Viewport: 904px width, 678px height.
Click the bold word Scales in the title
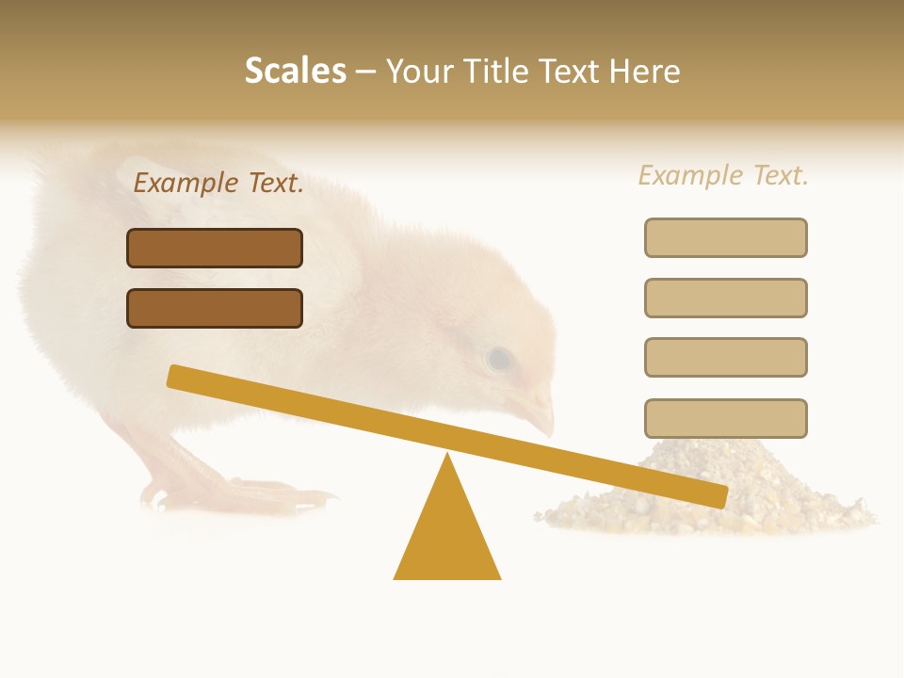coord(295,71)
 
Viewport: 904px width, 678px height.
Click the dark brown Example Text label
coord(218,183)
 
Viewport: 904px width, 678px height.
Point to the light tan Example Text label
coord(723,175)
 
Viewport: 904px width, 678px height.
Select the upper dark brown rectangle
coord(215,248)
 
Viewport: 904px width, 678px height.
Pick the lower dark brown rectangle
coord(215,308)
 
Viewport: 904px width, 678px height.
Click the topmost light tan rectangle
coord(725,237)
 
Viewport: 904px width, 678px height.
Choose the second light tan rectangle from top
coord(725,298)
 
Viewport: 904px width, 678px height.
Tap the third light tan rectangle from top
coord(725,357)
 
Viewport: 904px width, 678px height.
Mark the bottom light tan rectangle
coord(725,418)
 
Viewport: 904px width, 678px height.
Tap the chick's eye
coord(498,359)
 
